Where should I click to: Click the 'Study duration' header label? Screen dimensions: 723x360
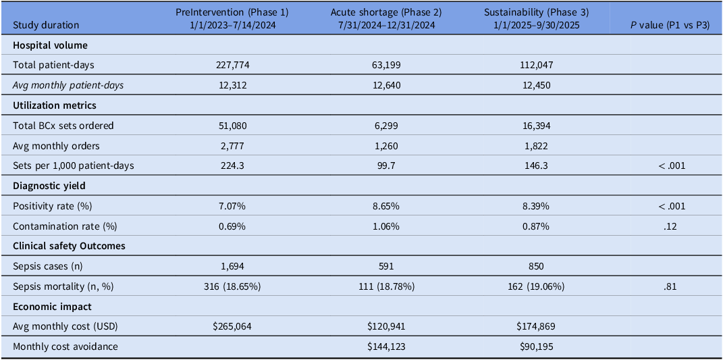(x=46, y=26)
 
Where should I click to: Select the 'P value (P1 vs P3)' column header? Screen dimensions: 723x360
(x=670, y=26)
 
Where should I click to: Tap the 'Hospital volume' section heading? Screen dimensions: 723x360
(x=44, y=46)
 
